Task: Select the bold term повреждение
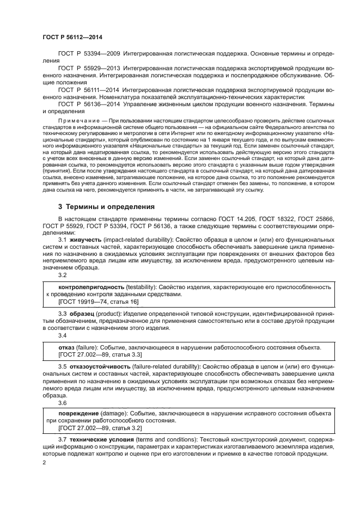(x=79, y=413)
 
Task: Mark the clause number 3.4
(x=63, y=336)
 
